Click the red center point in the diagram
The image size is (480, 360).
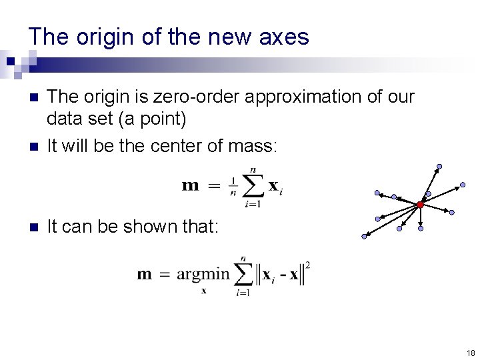[420, 205]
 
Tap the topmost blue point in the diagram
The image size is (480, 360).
[439, 167]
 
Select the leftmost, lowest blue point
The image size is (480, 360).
[365, 236]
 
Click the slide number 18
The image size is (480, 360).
[471, 353]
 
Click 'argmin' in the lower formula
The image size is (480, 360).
[202, 274]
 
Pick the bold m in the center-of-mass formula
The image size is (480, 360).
[191, 185]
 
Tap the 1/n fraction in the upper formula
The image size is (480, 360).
[233, 186]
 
